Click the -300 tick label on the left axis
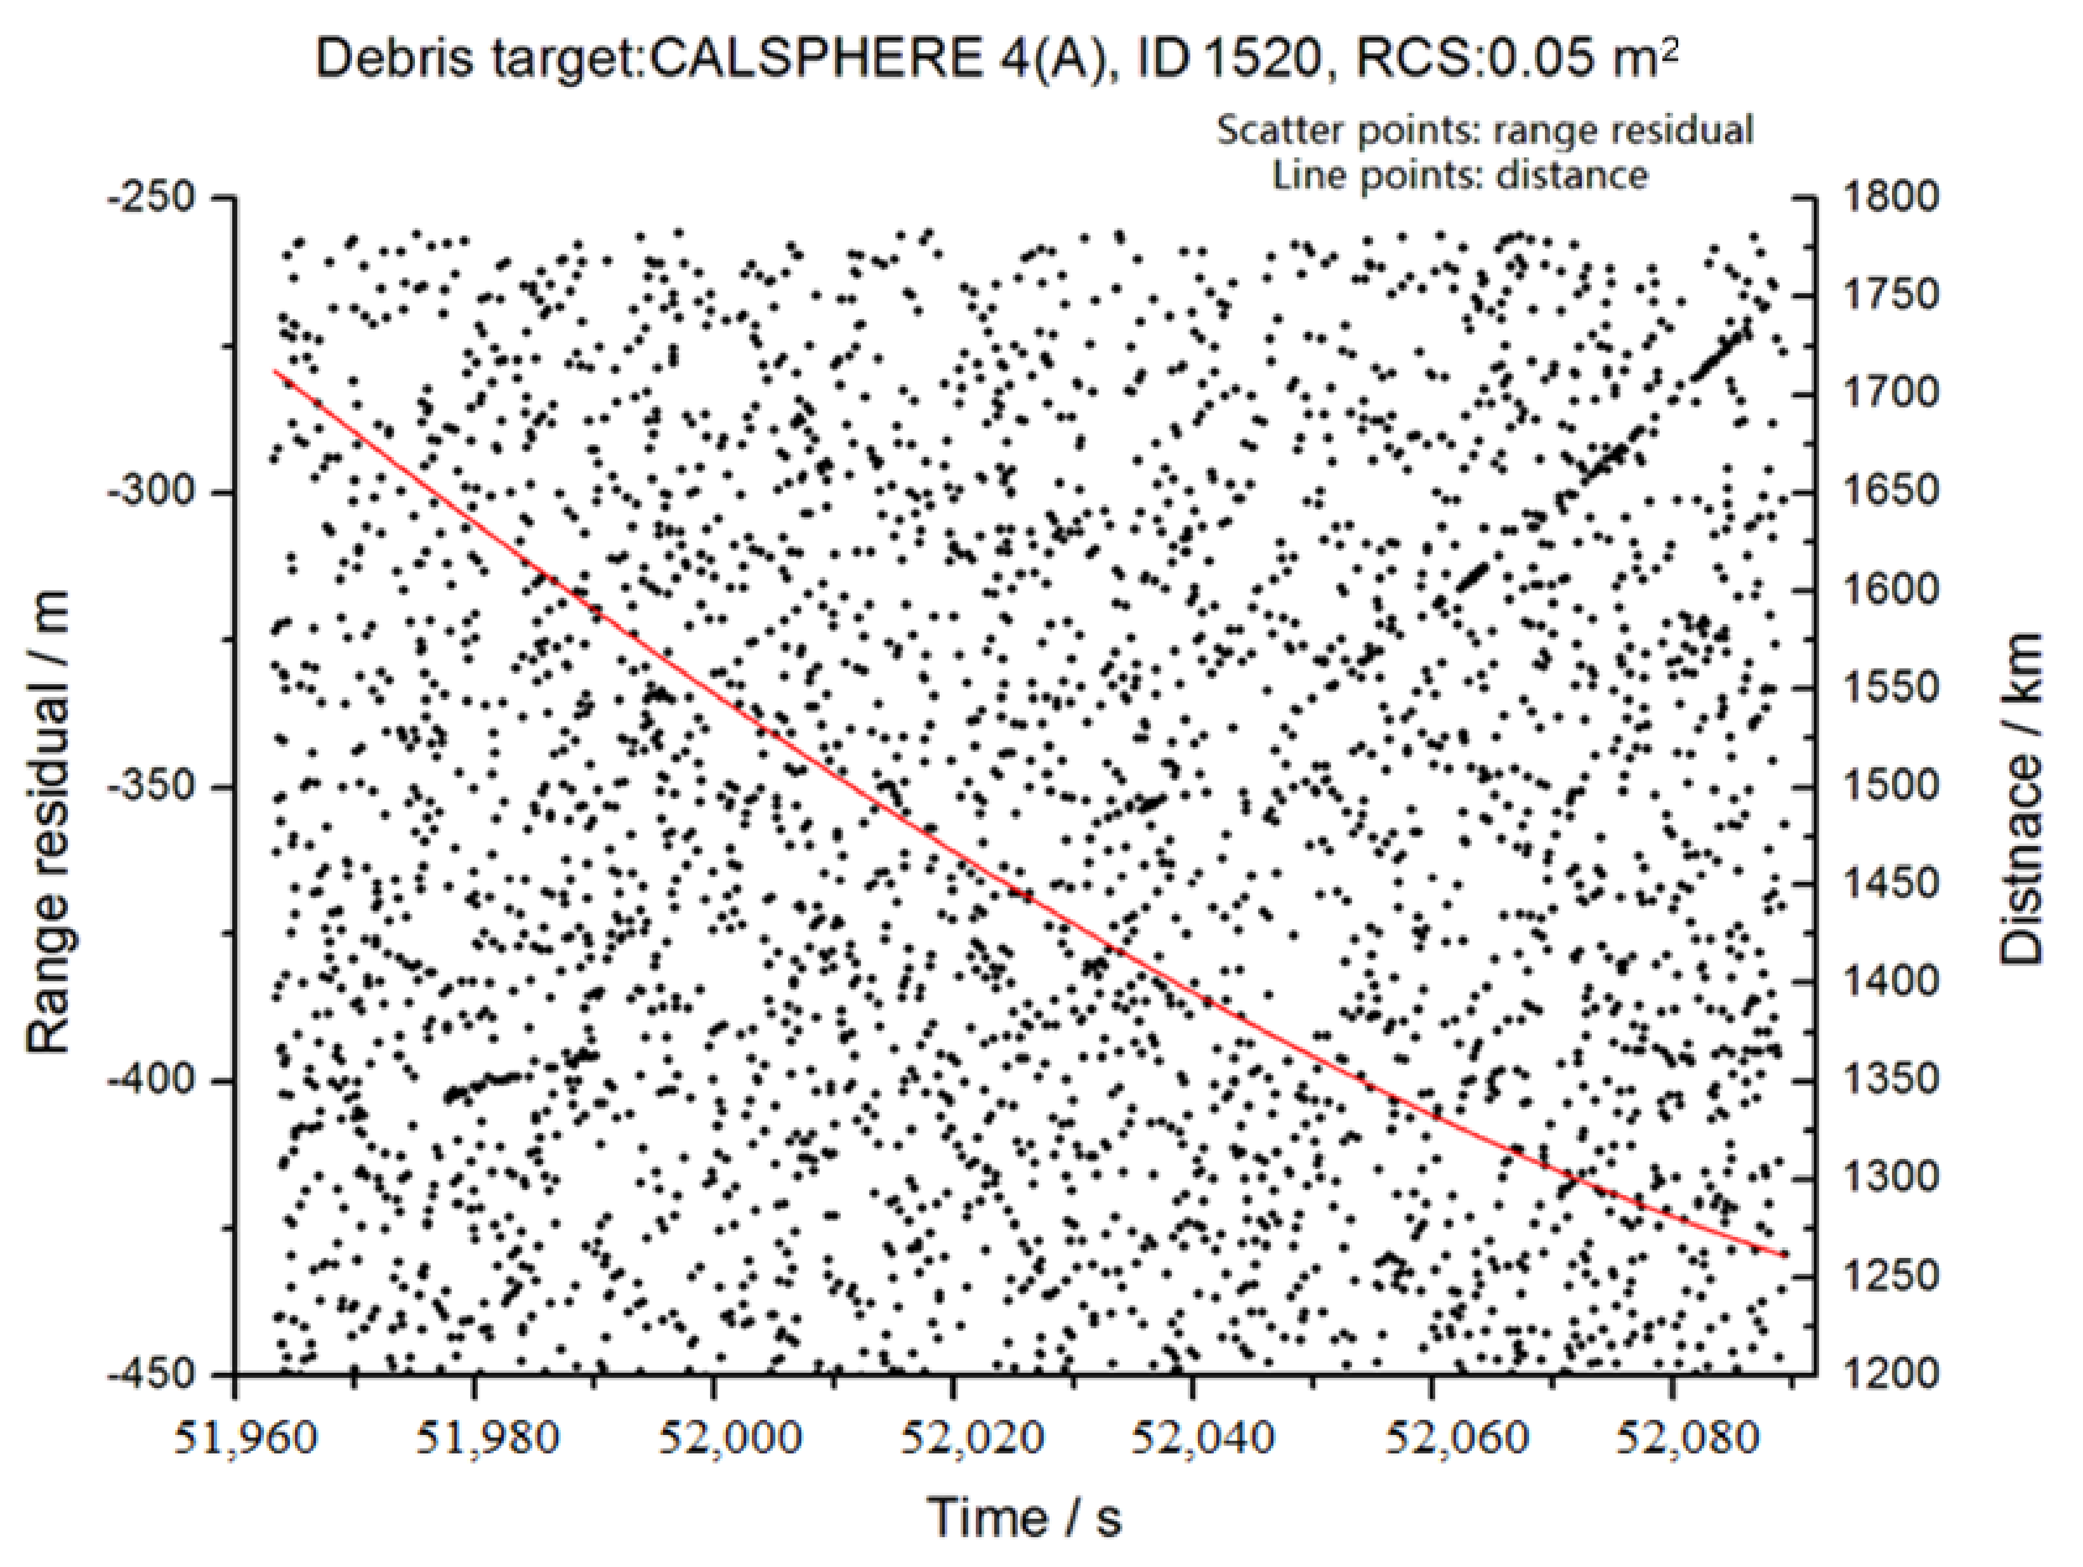150,492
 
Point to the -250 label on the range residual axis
150,198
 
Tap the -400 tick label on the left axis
150,1080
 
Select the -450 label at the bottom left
150,1374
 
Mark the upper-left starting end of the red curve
275,371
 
